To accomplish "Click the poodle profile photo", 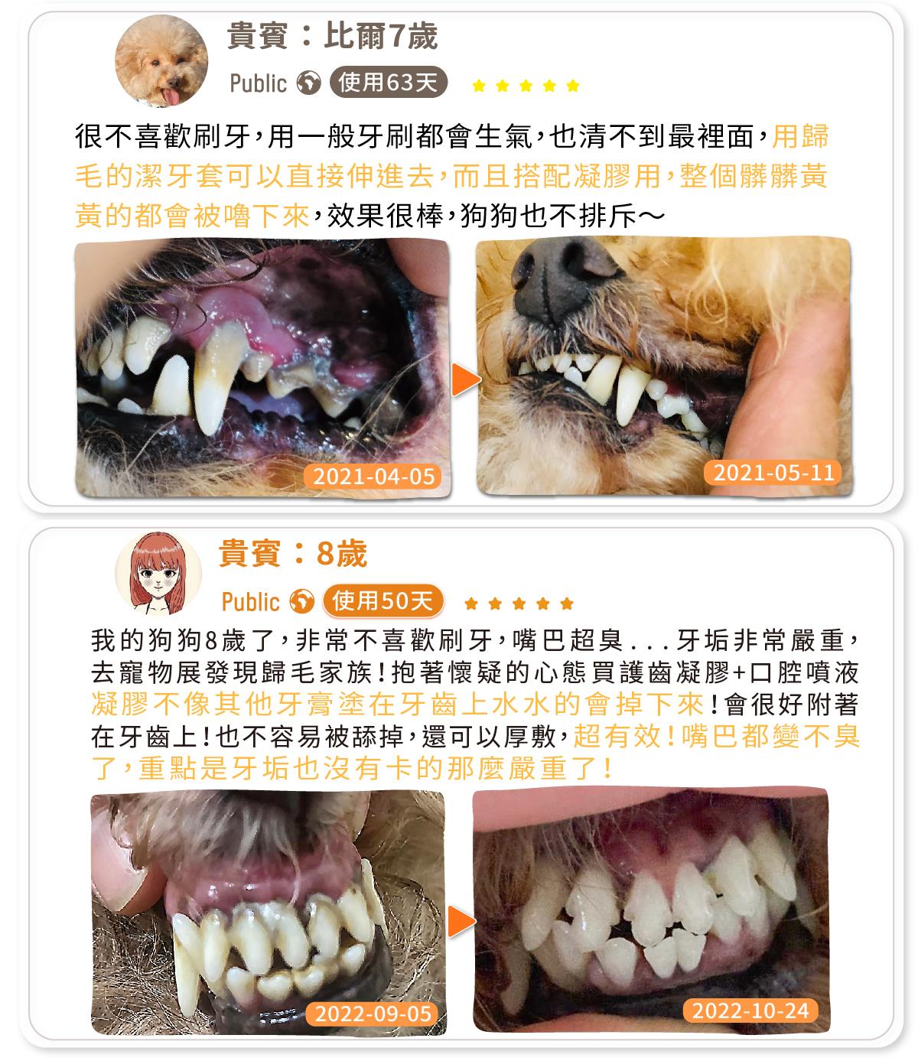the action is [x=161, y=60].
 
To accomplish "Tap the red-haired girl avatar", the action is [x=158, y=573].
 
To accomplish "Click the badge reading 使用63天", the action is [x=388, y=82].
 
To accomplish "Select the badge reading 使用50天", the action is [x=383, y=600].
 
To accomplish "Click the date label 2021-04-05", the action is [x=374, y=477].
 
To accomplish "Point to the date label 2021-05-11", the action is [x=773, y=472].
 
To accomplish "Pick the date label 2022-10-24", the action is [x=750, y=1011].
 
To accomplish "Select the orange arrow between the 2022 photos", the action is [x=461, y=921].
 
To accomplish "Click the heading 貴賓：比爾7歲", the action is [x=332, y=36].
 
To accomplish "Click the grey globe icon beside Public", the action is [x=308, y=83].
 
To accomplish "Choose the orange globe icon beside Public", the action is [x=302, y=601].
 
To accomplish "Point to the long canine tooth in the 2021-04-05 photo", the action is [x=216, y=380].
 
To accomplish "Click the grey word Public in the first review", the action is [x=259, y=83].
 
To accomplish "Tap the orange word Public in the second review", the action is [x=251, y=601].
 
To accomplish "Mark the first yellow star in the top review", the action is [x=479, y=85].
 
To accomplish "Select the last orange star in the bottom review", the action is [x=567, y=603].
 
